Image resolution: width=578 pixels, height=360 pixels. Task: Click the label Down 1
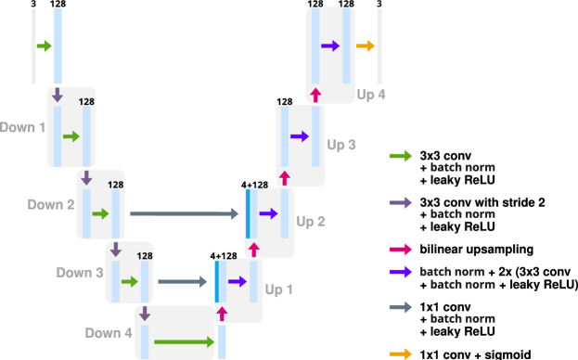click(22, 127)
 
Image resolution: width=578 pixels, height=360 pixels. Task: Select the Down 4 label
click(109, 332)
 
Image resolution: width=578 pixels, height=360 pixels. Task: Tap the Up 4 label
click(371, 95)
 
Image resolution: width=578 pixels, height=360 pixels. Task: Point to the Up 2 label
click(310, 222)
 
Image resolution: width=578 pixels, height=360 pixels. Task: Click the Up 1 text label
click(279, 289)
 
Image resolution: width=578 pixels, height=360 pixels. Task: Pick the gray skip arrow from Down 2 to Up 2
click(185, 214)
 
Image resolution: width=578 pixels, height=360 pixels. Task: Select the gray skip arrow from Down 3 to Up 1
click(183, 281)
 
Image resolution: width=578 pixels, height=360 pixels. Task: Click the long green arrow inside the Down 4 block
click(185, 342)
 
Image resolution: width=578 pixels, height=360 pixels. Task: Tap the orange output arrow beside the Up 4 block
click(366, 46)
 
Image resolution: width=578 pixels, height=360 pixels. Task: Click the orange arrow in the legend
click(401, 354)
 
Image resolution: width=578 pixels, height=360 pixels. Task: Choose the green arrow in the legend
click(401, 156)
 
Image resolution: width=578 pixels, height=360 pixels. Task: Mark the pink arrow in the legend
click(401, 249)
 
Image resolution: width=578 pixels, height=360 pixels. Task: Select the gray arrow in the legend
click(401, 307)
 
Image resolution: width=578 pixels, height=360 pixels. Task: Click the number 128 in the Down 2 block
click(116, 185)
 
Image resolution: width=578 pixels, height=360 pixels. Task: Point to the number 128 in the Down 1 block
click(86, 101)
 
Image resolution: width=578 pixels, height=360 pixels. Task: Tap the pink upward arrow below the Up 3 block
click(284, 176)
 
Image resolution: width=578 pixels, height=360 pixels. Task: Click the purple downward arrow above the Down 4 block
click(145, 315)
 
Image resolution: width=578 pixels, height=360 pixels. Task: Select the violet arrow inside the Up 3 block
click(299, 136)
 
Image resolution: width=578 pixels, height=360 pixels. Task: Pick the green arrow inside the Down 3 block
click(129, 281)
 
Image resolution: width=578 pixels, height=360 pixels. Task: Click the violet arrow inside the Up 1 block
click(237, 281)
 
